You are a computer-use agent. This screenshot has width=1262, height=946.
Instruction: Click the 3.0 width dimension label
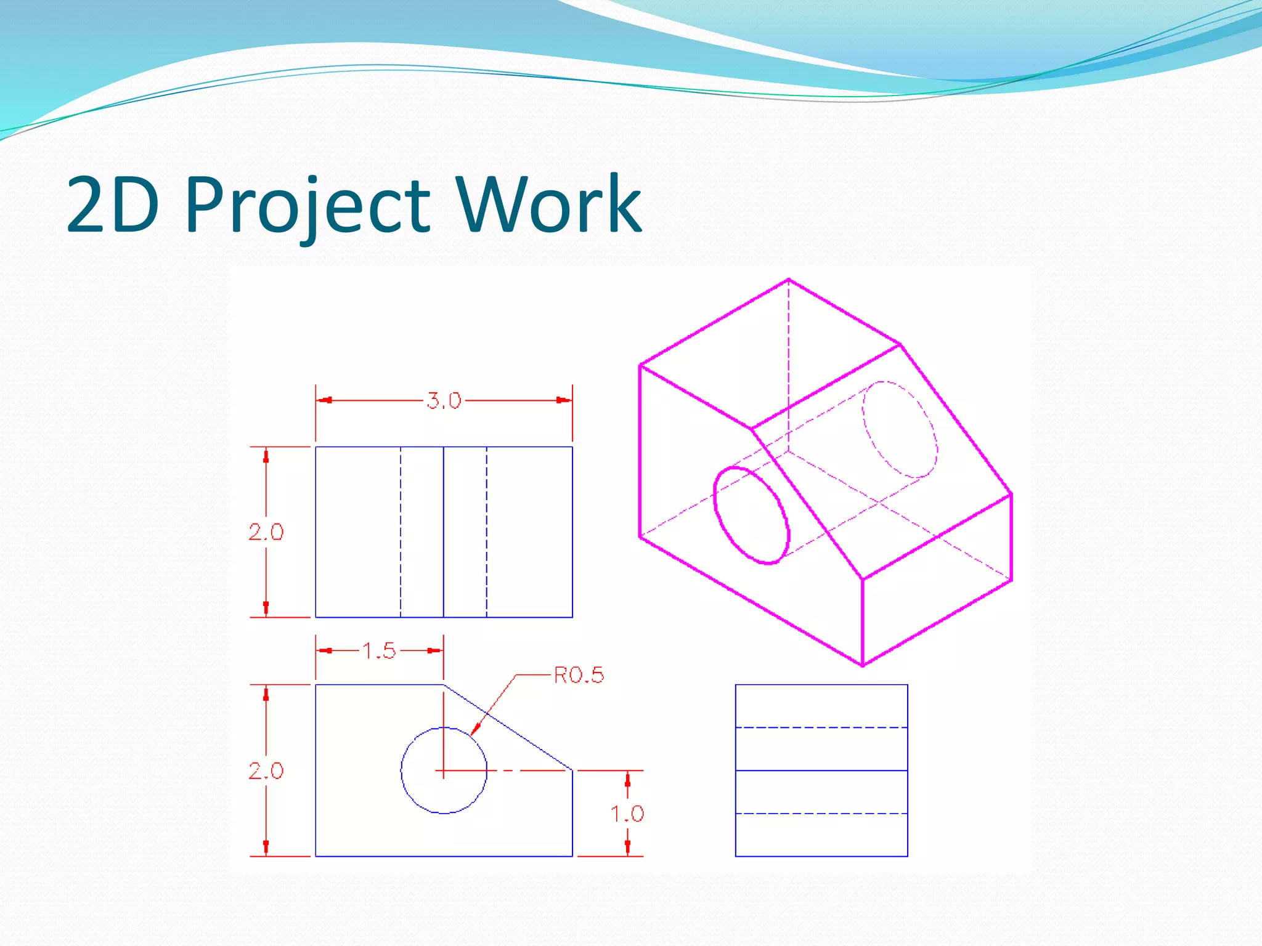point(444,401)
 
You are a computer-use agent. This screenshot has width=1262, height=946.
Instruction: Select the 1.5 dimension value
point(379,651)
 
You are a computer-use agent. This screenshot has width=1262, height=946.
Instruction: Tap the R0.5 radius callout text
point(579,676)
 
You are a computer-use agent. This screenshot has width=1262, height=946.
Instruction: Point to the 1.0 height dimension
point(627,814)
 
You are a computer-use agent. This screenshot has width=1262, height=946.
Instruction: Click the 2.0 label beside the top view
point(266,532)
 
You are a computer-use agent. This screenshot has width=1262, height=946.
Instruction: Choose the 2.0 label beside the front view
point(266,770)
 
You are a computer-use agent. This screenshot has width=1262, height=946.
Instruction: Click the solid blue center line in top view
point(444,532)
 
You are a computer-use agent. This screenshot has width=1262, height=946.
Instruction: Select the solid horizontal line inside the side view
point(821,770)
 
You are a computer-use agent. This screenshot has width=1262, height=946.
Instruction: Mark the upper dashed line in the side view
point(821,727)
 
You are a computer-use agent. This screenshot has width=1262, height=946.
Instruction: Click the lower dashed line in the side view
point(821,814)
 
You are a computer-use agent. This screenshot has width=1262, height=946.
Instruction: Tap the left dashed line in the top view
point(401,532)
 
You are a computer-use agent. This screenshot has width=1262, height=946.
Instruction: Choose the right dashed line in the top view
point(487,532)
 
